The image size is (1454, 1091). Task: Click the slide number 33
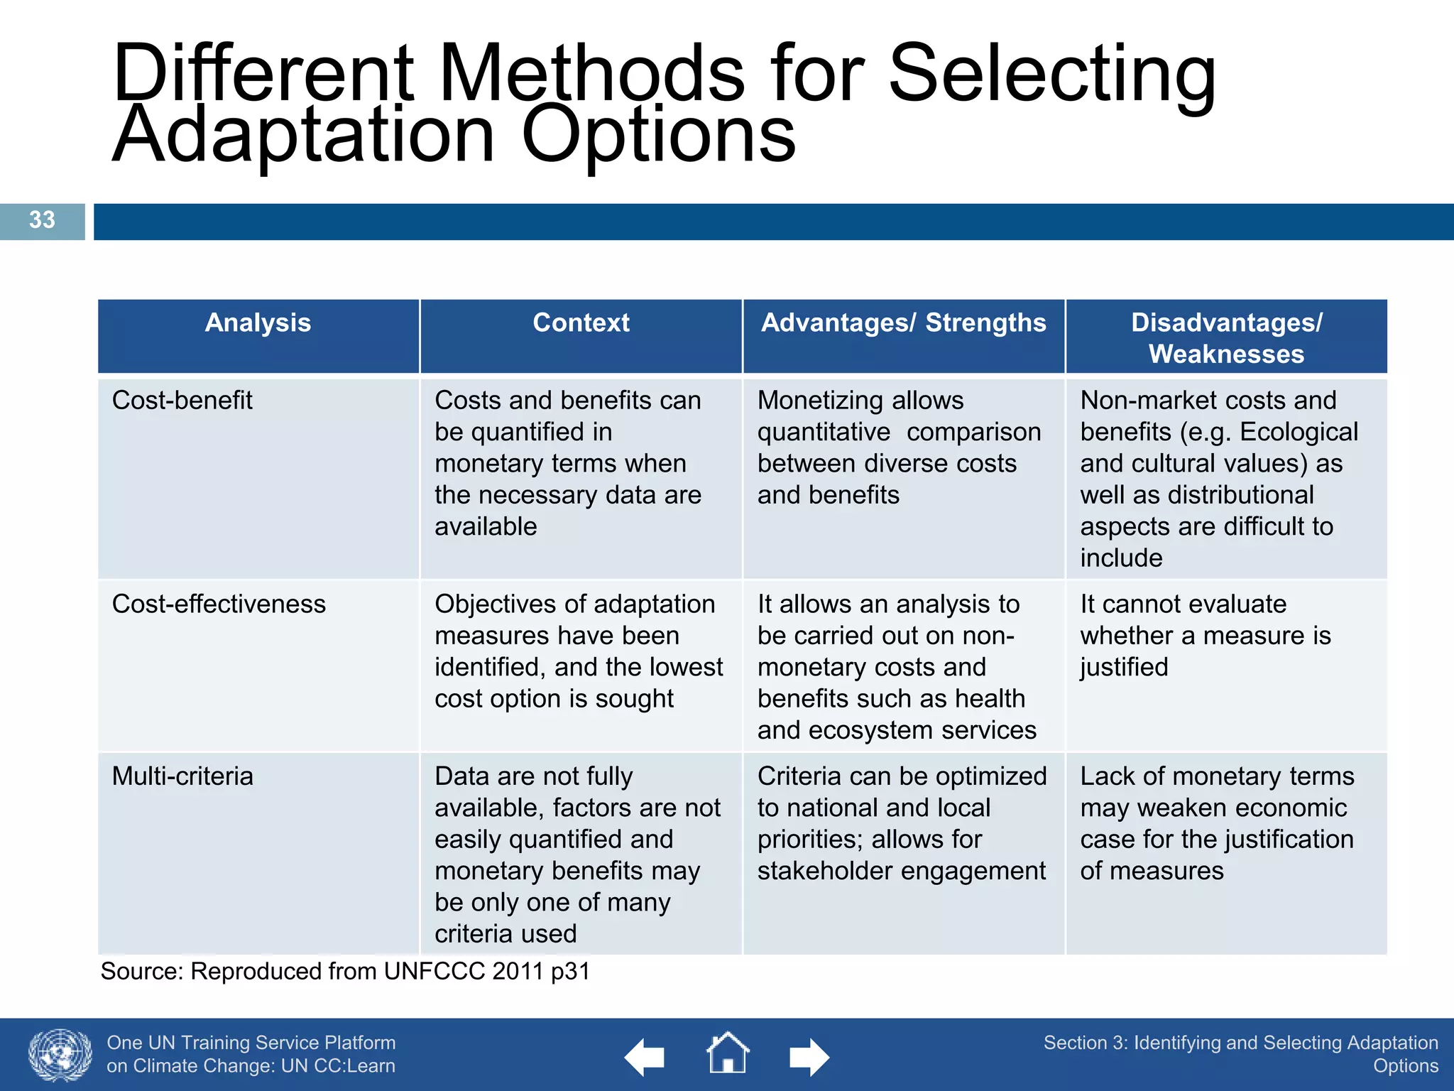pyautogui.click(x=42, y=220)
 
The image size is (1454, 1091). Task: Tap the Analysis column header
pyautogui.click(x=258, y=323)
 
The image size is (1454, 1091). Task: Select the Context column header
pyautogui.click(x=581, y=323)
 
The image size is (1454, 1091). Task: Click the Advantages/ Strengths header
pyautogui.click(x=903, y=323)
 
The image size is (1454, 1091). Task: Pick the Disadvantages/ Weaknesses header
pyautogui.click(x=1226, y=338)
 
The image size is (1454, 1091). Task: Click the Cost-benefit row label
pyautogui.click(x=182, y=401)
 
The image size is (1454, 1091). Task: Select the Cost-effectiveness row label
pyautogui.click(x=219, y=604)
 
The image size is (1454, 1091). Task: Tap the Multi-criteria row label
pyautogui.click(x=182, y=776)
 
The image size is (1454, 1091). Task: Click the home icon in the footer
pyautogui.click(x=727, y=1054)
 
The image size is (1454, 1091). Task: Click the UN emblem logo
pyautogui.click(x=60, y=1055)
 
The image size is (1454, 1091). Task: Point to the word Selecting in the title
pyautogui.click(x=1052, y=75)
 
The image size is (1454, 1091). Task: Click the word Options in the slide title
pyautogui.click(x=658, y=135)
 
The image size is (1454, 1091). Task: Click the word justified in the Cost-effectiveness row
pyautogui.click(x=1124, y=668)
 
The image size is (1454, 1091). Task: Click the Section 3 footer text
pyautogui.click(x=1240, y=1054)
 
